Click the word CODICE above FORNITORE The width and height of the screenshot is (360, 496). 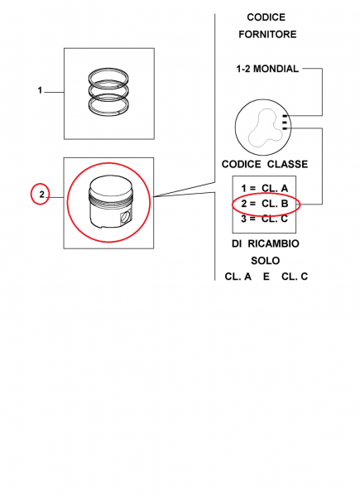[x=266, y=17]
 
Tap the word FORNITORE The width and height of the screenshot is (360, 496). [x=267, y=34]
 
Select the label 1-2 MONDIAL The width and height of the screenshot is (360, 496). [x=267, y=69]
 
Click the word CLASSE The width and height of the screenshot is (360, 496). [x=287, y=164]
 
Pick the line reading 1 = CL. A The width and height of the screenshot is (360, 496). [x=265, y=188]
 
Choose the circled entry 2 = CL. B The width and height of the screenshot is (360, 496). [x=265, y=204]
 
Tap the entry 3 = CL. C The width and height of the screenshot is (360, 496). [x=265, y=219]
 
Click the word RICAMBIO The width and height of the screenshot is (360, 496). [x=273, y=243]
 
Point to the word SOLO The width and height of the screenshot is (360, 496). [x=265, y=261]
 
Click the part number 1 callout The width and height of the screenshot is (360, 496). [x=40, y=90]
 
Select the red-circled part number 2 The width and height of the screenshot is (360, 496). [x=41, y=195]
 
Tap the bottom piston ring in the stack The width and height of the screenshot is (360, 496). [x=108, y=106]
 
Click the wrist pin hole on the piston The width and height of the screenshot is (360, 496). [x=125, y=217]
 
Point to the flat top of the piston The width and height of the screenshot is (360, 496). [x=110, y=185]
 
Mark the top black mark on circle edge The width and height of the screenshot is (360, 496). [x=285, y=116]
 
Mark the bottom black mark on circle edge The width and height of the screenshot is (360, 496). [x=285, y=128]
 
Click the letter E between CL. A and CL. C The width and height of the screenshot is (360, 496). [x=266, y=277]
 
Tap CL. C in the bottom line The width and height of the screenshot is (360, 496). [x=295, y=277]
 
